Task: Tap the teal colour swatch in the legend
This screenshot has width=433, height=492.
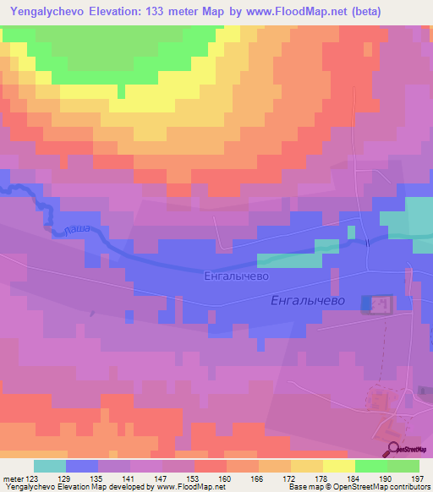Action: [x=50, y=466]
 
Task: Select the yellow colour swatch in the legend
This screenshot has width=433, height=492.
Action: [x=339, y=466]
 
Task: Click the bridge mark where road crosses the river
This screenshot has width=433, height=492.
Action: [x=368, y=241]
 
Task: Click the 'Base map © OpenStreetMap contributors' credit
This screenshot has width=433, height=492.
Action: [x=358, y=488]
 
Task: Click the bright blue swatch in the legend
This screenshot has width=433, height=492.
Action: [x=82, y=466]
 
